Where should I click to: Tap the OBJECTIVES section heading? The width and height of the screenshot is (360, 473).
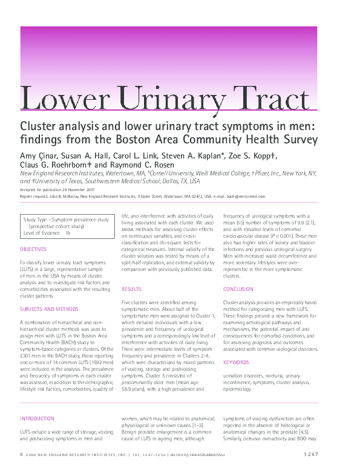[33, 249]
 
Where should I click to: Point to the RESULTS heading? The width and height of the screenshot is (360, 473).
[131, 290]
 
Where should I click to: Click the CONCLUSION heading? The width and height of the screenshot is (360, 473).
[238, 290]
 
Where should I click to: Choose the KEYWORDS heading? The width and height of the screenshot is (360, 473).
[236, 362]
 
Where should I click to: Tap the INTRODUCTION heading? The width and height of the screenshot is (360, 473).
[38, 418]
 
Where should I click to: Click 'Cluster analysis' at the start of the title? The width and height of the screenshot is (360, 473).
[58, 126]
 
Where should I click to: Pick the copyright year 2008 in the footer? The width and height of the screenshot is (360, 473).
[32, 454]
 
